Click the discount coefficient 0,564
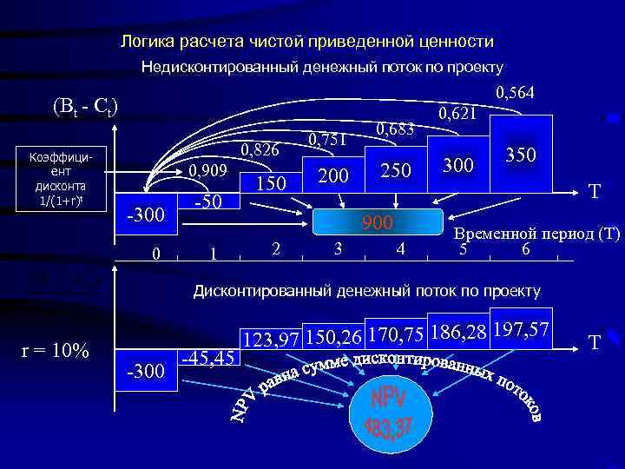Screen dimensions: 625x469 pos(515,93)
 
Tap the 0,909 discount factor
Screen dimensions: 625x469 pos(208,170)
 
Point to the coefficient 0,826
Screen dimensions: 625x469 pos(260,151)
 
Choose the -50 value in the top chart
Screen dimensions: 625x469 pos(208,202)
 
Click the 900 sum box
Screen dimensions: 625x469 pos(378,223)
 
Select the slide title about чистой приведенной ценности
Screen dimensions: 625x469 pos(307,42)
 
